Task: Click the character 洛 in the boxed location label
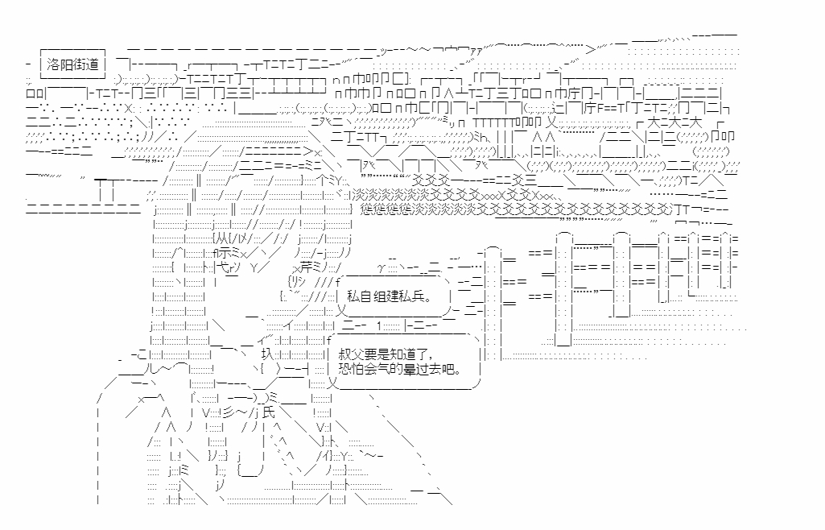coord(53,64)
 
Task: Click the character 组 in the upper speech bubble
coord(379,296)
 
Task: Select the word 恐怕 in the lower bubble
coord(351,368)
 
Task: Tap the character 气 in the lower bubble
coord(384,368)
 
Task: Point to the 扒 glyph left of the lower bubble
coord(266,354)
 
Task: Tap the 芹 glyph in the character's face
coord(306,267)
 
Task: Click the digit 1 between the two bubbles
coord(379,325)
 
